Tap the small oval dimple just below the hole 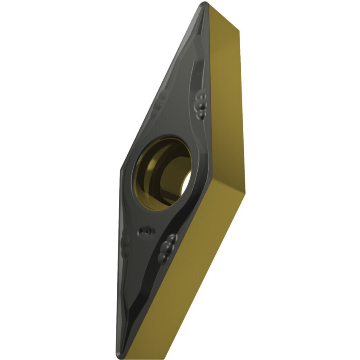click(146, 231)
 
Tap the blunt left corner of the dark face click(121, 169)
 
